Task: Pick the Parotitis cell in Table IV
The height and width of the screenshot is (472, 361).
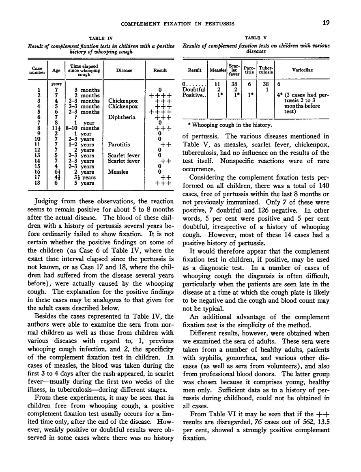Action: click(119, 144)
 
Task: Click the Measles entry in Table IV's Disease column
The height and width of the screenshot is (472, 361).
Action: click(118, 172)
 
